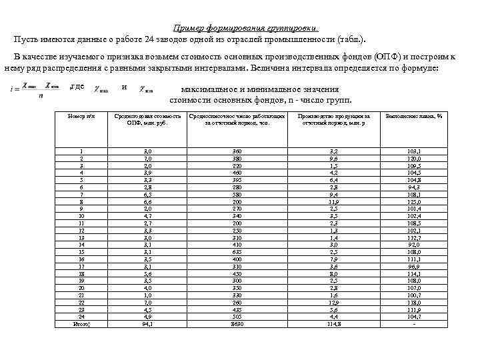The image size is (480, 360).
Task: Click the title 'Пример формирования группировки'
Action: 245,28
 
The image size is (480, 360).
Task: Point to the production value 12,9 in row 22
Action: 333,301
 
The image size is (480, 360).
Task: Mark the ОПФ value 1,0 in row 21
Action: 147,295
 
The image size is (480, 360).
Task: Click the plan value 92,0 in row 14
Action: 414,245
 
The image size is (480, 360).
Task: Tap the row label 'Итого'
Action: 81,325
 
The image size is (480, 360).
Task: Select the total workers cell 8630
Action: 237,325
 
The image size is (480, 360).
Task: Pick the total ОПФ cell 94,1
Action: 147,325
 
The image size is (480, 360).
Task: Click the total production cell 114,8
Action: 333,325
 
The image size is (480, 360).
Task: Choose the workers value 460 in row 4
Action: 237,172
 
